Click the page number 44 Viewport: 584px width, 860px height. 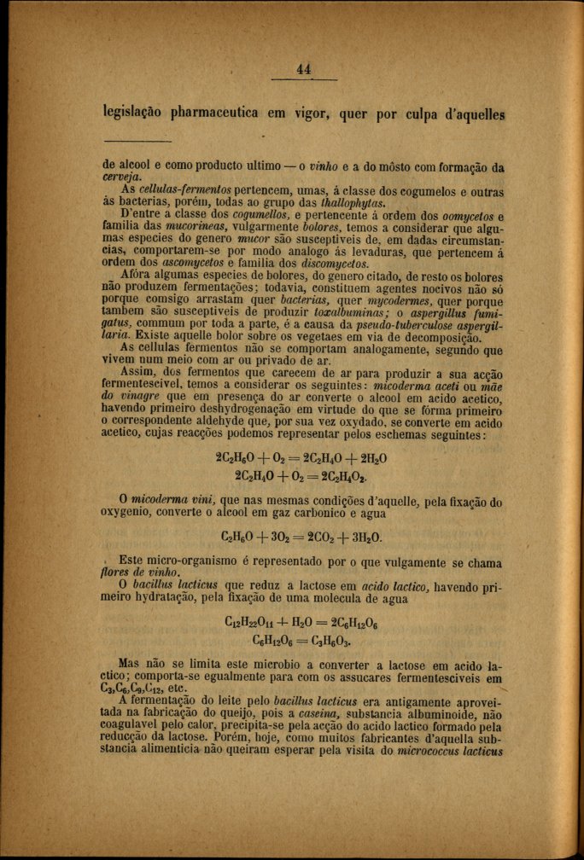tap(303, 69)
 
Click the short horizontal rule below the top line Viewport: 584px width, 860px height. tap(137, 141)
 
